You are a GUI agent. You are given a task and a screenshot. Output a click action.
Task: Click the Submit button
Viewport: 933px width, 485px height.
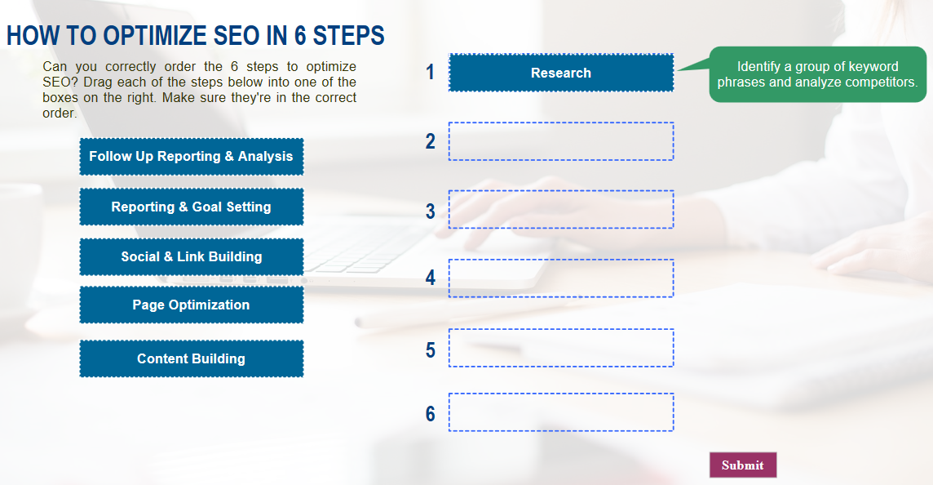[x=743, y=465]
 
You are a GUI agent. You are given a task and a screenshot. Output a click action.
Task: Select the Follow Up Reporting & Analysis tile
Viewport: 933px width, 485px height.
[x=192, y=157]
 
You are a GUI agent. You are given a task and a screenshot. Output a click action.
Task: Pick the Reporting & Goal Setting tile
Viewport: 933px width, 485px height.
[x=192, y=207]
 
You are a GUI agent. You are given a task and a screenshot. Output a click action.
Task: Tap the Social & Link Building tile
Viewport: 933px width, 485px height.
[x=192, y=257]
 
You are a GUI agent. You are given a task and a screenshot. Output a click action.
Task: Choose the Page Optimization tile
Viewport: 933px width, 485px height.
[x=192, y=305]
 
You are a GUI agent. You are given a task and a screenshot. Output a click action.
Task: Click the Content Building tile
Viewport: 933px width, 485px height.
[x=192, y=358]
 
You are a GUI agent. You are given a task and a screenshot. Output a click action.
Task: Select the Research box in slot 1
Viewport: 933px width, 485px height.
[x=561, y=73]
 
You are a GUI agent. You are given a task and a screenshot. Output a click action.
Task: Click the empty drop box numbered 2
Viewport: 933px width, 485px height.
[x=561, y=141]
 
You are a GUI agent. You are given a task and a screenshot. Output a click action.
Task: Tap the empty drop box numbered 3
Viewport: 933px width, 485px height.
[x=561, y=209]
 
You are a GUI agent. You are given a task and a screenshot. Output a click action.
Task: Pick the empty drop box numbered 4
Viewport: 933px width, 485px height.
[x=561, y=278]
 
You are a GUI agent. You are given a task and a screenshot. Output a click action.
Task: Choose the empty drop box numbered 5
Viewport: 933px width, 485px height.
[x=561, y=347]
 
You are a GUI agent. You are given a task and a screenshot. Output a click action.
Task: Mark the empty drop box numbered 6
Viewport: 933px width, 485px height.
[x=561, y=412]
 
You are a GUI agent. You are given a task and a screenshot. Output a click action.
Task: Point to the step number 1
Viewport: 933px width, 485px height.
[x=430, y=72]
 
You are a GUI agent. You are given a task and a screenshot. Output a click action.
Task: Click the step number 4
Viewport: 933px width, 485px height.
[x=430, y=278]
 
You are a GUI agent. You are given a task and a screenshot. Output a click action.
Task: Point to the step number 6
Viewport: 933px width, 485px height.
[x=430, y=413]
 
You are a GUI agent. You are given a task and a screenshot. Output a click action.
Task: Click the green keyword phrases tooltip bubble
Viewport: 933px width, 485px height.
[x=817, y=74]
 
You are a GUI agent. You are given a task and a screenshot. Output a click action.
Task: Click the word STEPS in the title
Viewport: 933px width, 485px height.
[x=349, y=36]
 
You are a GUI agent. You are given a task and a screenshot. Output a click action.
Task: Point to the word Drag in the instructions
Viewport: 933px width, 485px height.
[x=97, y=82]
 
